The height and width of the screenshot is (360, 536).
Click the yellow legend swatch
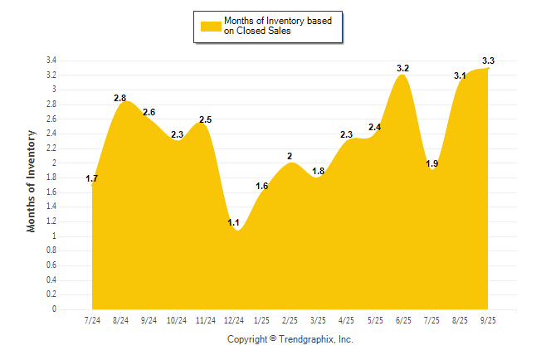[211, 26]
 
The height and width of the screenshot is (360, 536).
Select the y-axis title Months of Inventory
[32, 180]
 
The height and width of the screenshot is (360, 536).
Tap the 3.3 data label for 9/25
[488, 61]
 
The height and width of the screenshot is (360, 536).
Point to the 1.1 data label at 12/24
[233, 222]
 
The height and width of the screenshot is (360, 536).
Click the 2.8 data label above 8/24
[120, 98]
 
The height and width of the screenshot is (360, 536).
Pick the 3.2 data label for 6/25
[403, 67]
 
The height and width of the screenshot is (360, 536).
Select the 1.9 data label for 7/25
[431, 163]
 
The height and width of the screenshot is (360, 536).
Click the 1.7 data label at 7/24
[92, 178]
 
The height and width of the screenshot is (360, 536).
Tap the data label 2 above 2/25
[290, 156]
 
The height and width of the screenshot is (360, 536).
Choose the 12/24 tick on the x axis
[234, 320]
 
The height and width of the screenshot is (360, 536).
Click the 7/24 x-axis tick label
[92, 320]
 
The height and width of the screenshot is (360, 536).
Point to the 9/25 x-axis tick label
[488, 320]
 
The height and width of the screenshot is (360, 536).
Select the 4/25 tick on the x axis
[347, 320]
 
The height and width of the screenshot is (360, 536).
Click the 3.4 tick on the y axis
[51, 61]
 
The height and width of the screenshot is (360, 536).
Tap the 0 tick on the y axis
[54, 309]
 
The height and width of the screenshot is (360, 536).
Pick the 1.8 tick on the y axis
[51, 178]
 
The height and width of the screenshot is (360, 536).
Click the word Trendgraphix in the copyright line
[307, 339]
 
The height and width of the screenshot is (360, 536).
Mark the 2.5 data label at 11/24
[205, 119]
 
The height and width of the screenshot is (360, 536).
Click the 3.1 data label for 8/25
[460, 75]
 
